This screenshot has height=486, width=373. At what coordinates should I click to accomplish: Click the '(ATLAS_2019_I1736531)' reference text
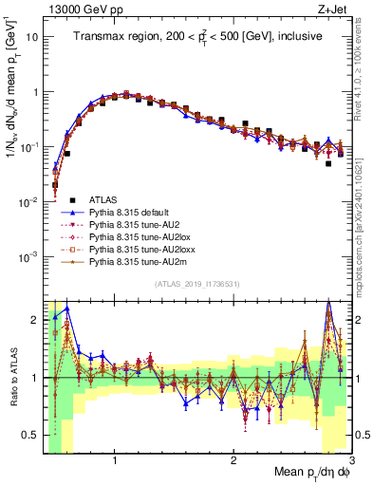click(x=196, y=285)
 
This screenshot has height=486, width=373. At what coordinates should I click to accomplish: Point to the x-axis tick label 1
click(x=115, y=460)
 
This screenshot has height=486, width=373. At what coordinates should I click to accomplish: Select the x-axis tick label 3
click(x=350, y=460)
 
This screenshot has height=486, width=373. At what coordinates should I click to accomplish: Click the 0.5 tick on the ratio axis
click(x=30, y=435)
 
